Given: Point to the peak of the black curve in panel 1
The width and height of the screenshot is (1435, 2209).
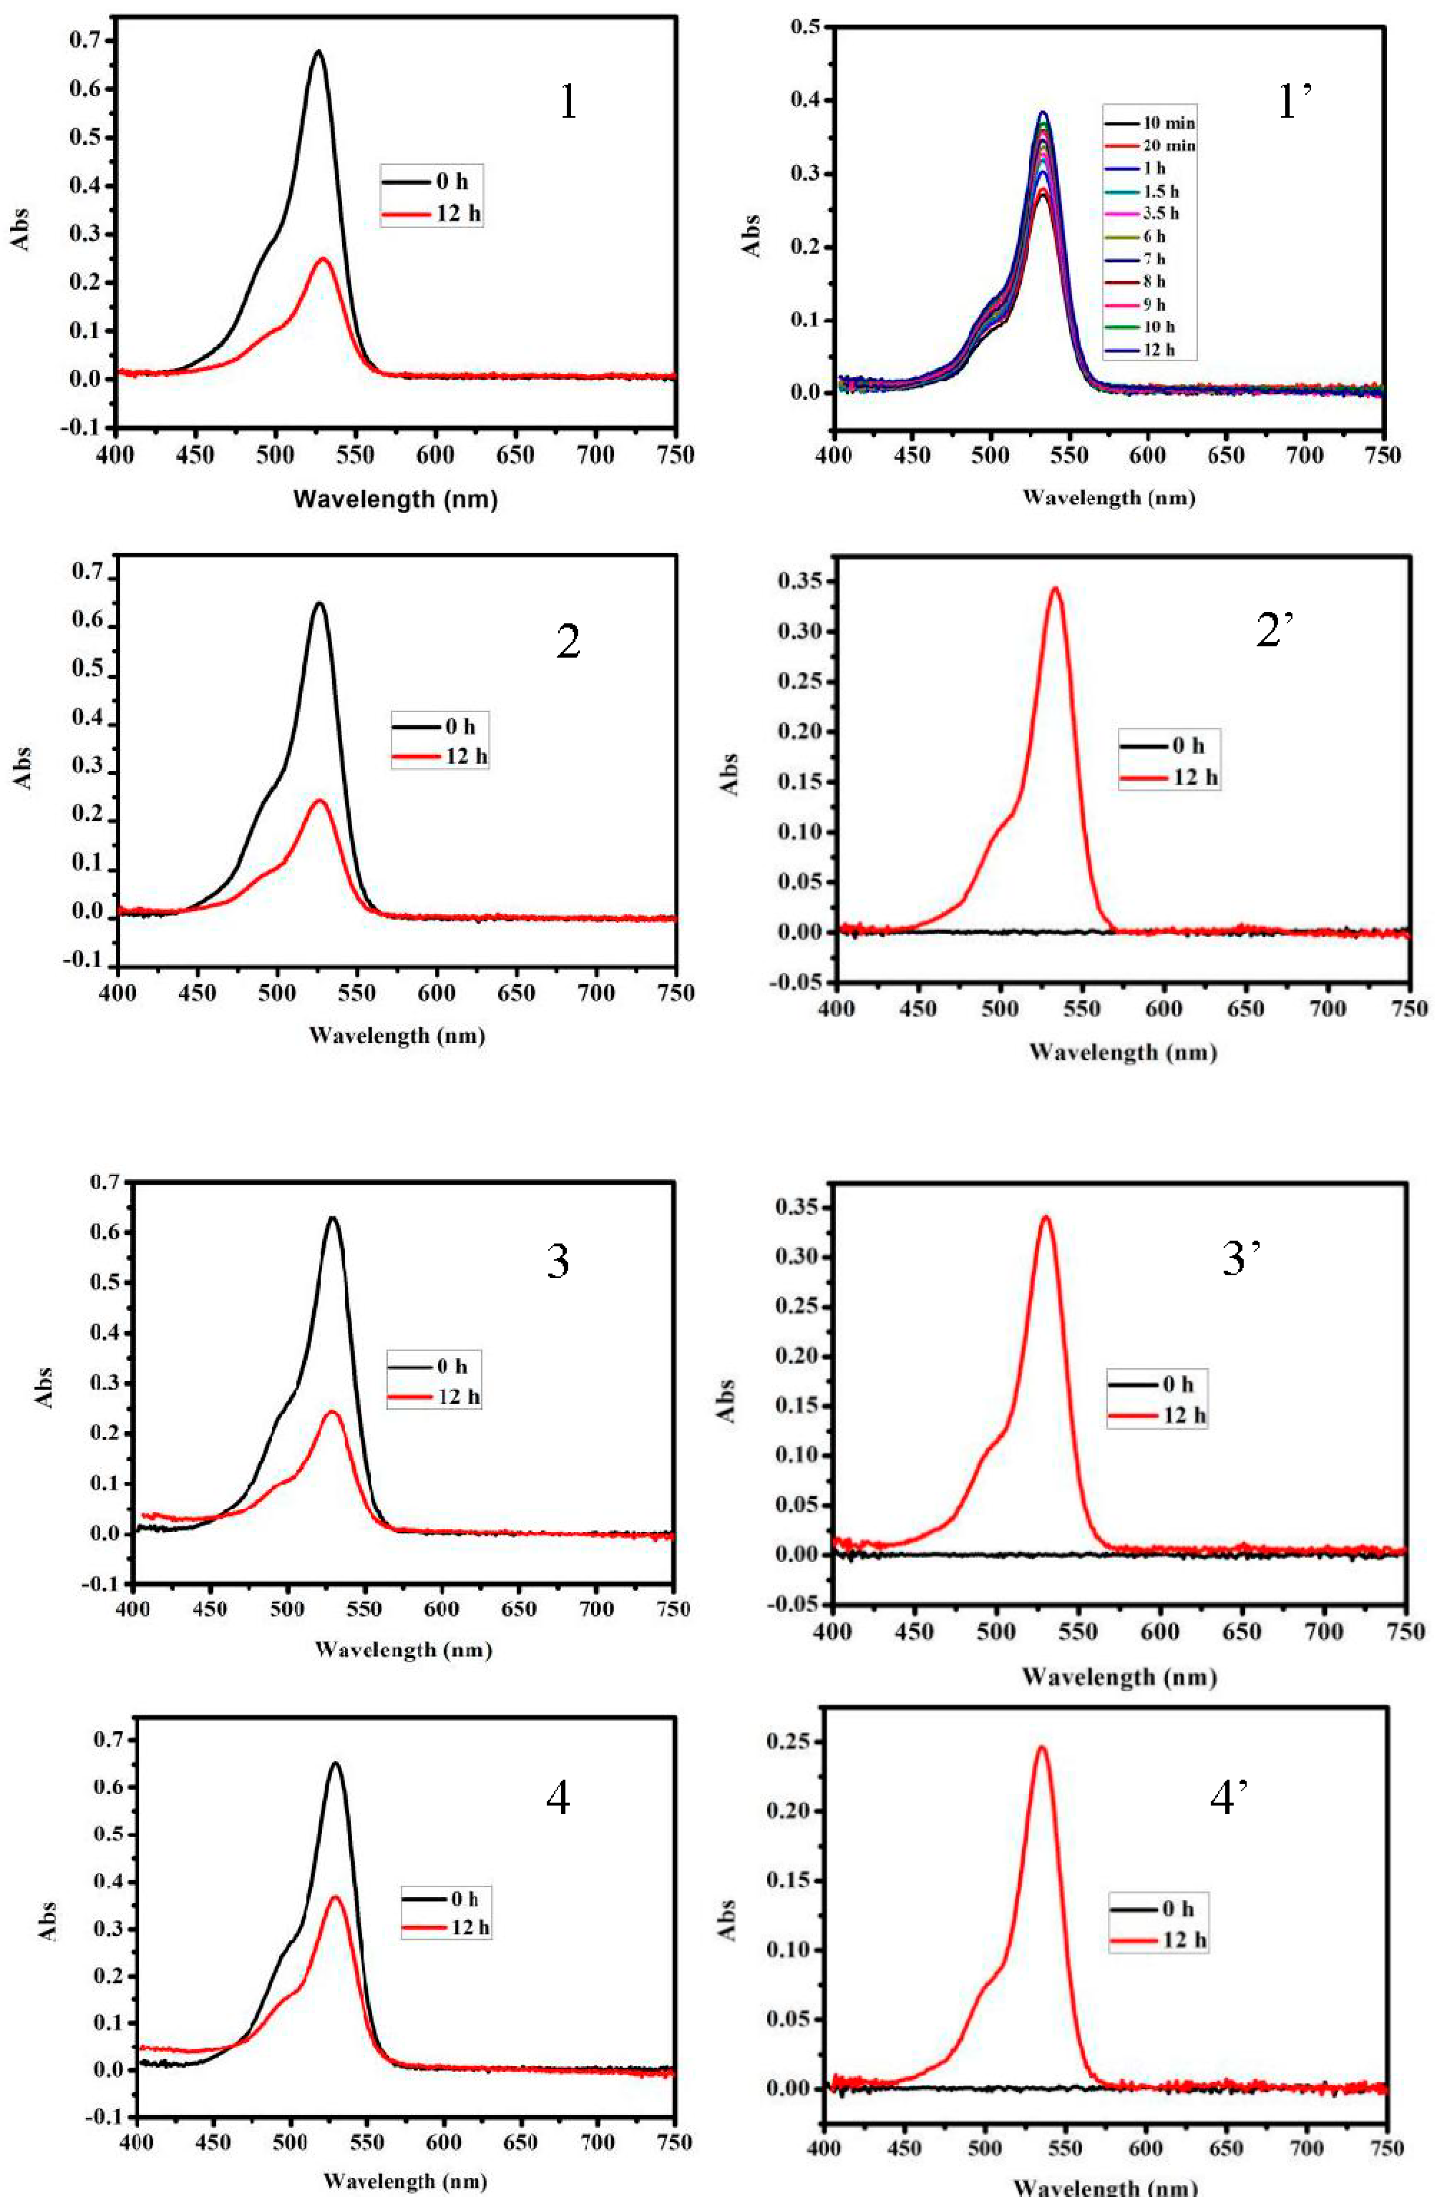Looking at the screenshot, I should [x=318, y=51].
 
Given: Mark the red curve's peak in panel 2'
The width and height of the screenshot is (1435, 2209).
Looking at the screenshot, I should [x=1054, y=587].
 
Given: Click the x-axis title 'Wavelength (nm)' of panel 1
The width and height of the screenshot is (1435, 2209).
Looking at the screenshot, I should [x=395, y=499].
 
